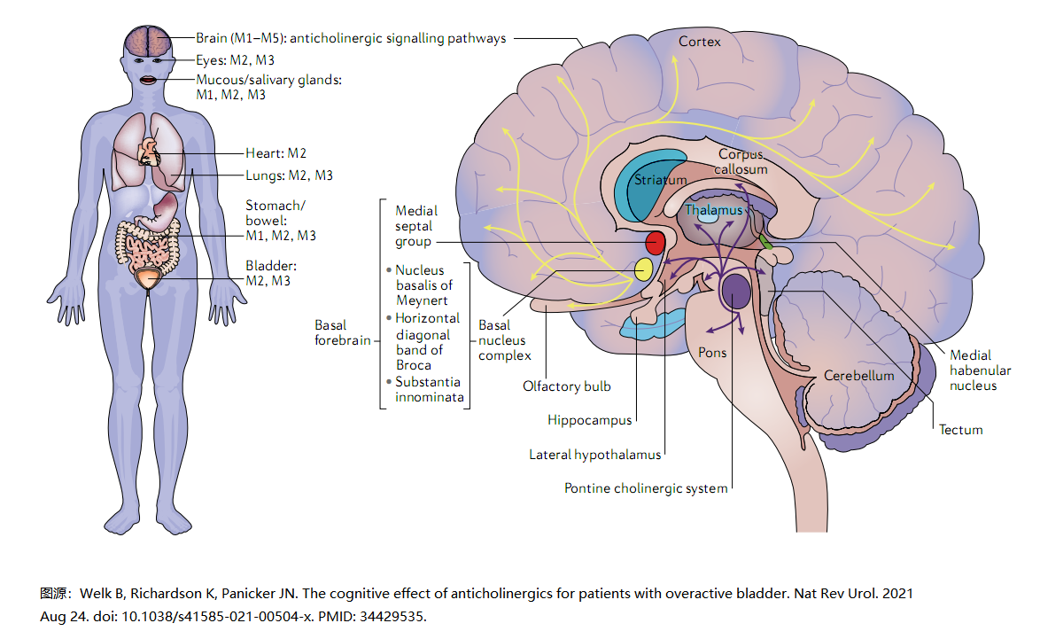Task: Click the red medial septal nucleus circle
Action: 655,243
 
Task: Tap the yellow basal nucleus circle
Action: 643,269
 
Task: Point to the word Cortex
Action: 699,41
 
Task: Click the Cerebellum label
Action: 859,376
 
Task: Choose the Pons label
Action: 712,353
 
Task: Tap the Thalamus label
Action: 714,210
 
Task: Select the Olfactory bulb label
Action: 566,386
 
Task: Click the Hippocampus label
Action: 590,420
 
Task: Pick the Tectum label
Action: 960,429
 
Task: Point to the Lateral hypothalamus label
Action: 595,455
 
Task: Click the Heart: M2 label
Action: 276,153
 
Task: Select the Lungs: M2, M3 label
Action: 289,175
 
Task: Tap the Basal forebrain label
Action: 342,332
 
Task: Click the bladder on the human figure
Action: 148,278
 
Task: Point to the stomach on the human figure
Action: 161,212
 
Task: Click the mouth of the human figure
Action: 148,81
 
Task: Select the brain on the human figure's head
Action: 148,42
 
